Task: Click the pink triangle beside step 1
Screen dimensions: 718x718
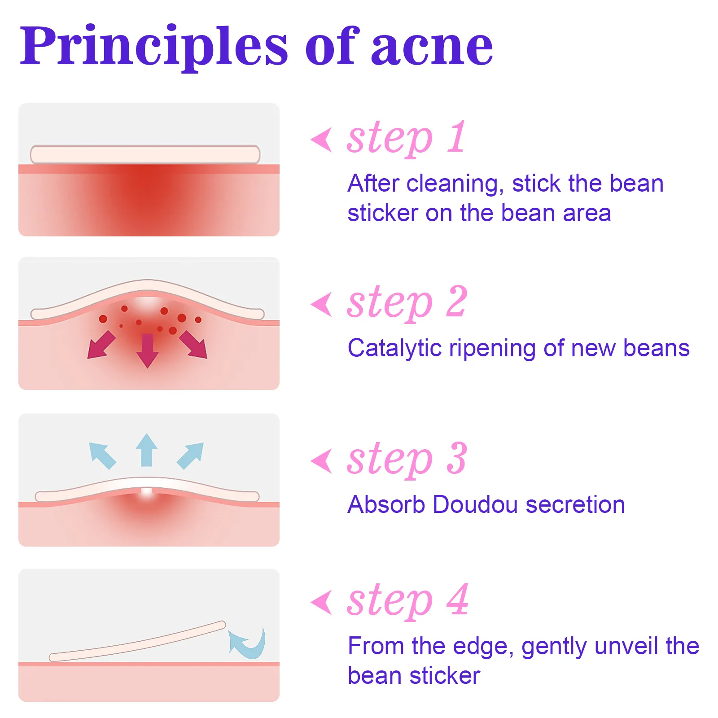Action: point(322,140)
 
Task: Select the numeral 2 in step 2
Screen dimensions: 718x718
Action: point(457,302)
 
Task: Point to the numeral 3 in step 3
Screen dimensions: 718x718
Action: point(457,458)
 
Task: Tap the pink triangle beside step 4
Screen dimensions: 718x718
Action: point(322,602)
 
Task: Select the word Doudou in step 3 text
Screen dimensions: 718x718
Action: point(475,504)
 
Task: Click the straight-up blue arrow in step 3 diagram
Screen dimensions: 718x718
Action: point(146,450)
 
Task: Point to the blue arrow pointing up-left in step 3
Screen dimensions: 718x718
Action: point(102,455)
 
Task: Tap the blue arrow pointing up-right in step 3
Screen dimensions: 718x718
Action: point(191,455)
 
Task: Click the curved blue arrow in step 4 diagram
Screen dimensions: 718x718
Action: point(249,644)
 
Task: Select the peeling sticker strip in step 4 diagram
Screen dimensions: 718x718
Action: point(137,642)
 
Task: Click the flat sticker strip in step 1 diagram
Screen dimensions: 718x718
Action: point(145,154)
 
